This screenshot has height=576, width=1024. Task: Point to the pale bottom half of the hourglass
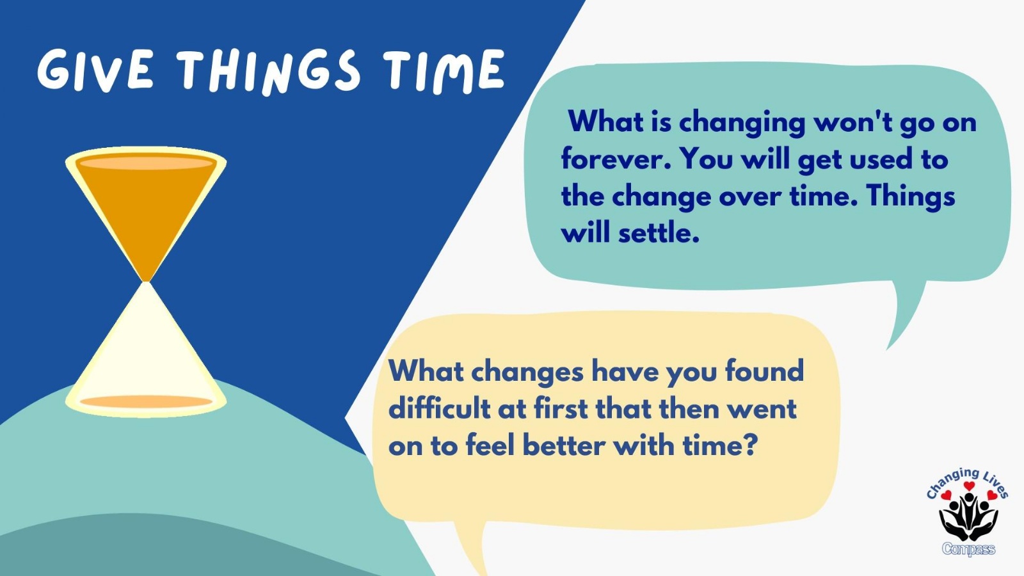[x=147, y=348]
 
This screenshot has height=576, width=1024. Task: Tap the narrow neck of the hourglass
[x=147, y=282]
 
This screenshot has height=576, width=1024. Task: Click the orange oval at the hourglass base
[x=147, y=402]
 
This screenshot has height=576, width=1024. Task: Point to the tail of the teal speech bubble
[x=903, y=316]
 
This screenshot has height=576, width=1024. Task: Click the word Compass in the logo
[x=968, y=548]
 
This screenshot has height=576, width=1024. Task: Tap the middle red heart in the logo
[x=969, y=486]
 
